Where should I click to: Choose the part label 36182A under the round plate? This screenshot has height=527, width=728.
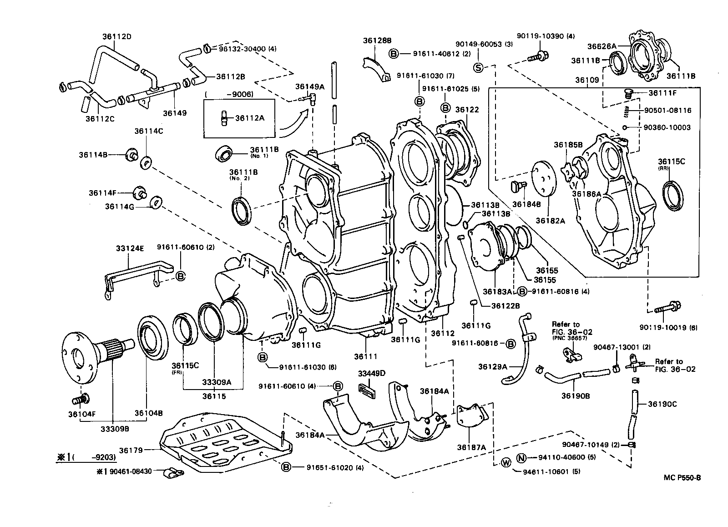[550, 220]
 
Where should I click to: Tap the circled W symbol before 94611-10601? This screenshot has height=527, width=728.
[506, 463]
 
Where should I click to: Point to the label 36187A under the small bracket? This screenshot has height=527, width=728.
[471, 447]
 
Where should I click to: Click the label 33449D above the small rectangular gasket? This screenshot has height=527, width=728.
[371, 374]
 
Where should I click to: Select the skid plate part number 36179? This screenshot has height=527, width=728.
[131, 450]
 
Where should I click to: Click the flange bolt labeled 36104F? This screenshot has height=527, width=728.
[80, 400]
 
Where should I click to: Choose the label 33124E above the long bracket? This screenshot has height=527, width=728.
[130, 248]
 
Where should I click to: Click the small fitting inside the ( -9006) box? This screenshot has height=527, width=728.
[224, 118]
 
